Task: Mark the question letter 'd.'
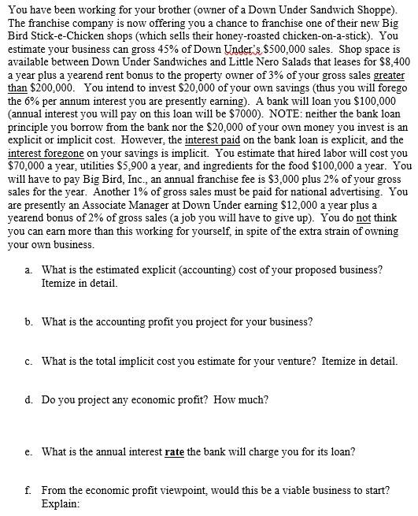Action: [x=29, y=400]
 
